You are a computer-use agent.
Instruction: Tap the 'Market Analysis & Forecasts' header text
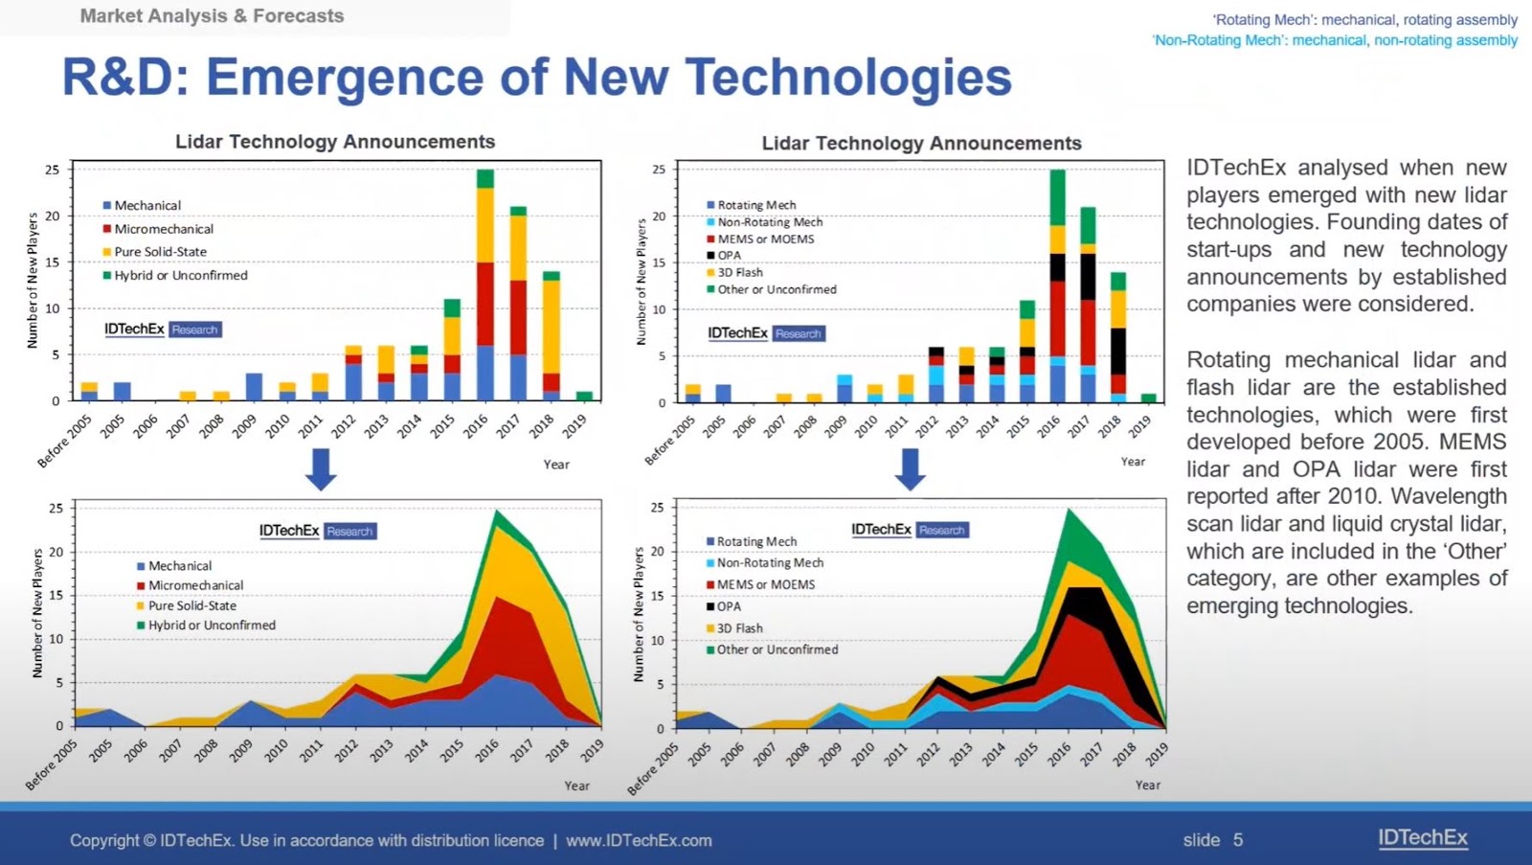click(212, 16)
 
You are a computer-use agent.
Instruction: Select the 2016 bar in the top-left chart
click(485, 285)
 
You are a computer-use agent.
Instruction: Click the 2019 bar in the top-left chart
click(584, 396)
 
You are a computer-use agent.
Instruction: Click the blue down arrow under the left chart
click(321, 469)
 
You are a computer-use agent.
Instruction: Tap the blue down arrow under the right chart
click(910, 469)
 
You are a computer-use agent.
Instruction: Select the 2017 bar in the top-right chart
click(1088, 305)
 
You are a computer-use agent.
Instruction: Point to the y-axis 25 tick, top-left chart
click(53, 170)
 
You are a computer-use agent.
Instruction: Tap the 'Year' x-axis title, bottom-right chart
click(1147, 785)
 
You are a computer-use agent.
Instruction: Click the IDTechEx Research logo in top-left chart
click(163, 330)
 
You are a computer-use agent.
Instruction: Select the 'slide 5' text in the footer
click(1212, 840)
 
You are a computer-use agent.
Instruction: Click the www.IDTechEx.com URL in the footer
click(639, 840)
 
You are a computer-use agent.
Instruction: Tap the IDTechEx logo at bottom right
click(1422, 837)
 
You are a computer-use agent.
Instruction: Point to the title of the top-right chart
click(921, 144)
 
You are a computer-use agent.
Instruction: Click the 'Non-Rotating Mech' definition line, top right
click(1335, 40)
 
